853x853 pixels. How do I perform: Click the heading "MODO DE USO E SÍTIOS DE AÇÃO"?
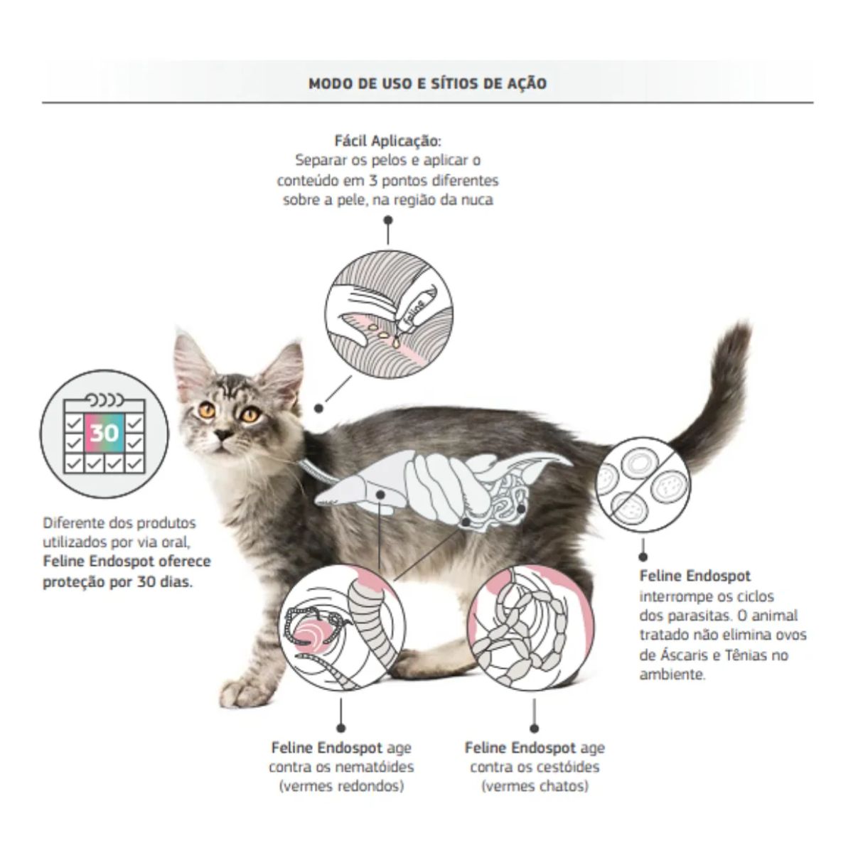(427, 83)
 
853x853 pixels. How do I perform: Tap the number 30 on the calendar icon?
(104, 432)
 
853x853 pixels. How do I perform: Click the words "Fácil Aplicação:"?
(388, 141)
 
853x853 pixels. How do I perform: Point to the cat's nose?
(222, 434)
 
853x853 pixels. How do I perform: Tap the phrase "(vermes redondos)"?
(342, 787)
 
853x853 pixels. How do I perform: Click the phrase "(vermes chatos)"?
(535, 787)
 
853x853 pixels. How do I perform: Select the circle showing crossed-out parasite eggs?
(643, 485)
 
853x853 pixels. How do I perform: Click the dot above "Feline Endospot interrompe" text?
(643, 557)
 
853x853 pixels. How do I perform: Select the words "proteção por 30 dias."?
(118, 582)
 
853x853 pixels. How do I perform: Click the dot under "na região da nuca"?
(388, 220)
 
